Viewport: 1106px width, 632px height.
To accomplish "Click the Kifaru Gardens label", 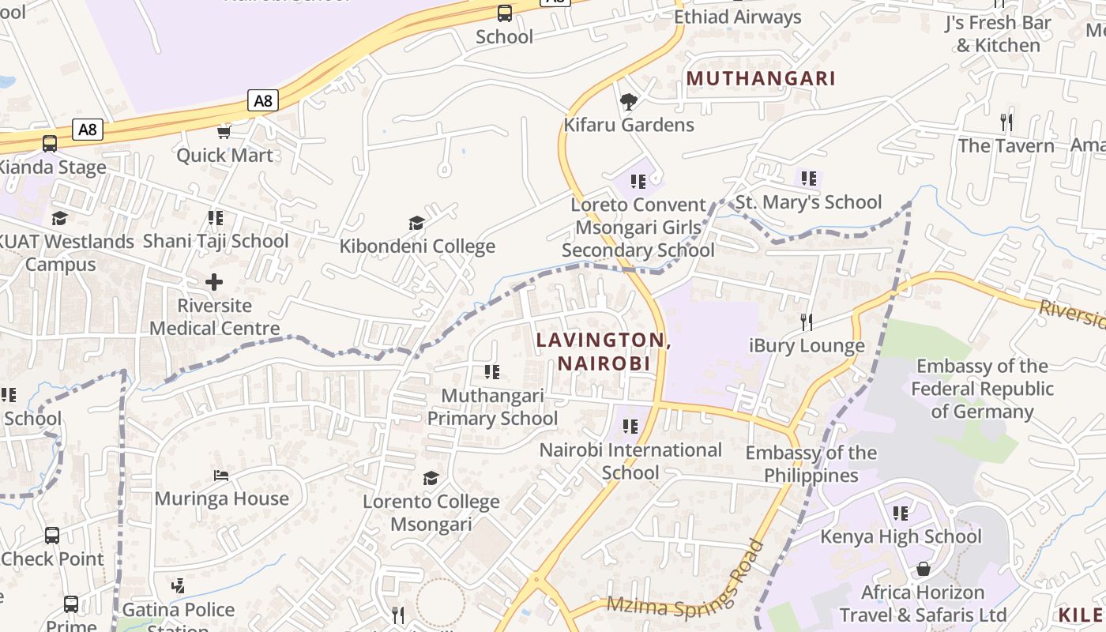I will click(628, 125).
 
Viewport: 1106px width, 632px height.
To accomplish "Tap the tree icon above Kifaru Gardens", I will click(629, 102).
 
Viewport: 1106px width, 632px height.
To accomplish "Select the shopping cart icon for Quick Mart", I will click(224, 132).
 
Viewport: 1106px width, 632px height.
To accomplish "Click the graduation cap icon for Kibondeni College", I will click(416, 223).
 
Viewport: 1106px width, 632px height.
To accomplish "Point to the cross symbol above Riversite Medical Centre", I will click(214, 282).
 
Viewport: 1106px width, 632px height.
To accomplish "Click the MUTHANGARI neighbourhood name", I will click(761, 78).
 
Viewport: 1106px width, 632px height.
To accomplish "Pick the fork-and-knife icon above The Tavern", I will click(1006, 122).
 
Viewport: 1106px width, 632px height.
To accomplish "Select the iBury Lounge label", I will click(807, 345).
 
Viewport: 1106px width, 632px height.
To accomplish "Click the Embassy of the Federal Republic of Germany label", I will click(982, 389).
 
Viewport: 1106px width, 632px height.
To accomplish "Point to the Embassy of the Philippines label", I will click(811, 464).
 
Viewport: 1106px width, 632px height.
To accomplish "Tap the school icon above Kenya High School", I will click(901, 513).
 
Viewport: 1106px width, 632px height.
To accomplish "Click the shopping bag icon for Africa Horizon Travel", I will click(923, 569).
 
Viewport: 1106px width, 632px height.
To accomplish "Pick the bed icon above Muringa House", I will click(221, 476).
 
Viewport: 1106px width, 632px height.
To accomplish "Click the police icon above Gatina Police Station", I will click(178, 586).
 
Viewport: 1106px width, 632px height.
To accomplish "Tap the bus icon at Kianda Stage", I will click(50, 144).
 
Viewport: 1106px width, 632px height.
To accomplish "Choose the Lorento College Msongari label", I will click(431, 513).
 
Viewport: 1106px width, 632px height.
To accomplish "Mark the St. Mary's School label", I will click(808, 202).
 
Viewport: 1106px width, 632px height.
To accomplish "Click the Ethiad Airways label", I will click(737, 17).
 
